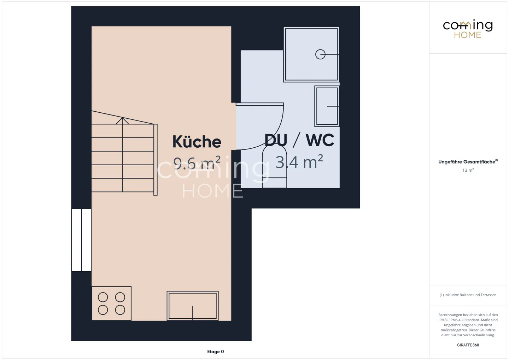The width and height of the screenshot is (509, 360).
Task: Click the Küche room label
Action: click(197, 142)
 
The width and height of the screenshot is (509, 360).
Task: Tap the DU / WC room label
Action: click(299, 140)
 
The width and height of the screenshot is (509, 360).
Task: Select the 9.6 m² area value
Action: click(197, 163)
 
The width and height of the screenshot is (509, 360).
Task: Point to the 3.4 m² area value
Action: click(299, 162)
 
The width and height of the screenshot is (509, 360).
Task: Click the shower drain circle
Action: click(320, 54)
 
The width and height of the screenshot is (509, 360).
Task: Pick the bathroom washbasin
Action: click(327, 106)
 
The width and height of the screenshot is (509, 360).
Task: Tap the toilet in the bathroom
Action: click(274, 168)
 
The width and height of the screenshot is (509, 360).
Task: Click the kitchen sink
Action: click(193, 306)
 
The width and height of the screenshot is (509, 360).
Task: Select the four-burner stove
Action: click(111, 303)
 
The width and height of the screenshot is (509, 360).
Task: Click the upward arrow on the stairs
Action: click(122, 121)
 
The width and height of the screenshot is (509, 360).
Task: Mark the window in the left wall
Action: click(81, 240)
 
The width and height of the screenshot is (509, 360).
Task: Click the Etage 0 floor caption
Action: click(215, 352)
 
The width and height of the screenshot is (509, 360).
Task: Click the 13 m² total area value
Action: click(468, 170)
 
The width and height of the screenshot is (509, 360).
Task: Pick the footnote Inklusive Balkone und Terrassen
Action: click(468, 295)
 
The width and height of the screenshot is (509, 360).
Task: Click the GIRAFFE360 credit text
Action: click(468, 345)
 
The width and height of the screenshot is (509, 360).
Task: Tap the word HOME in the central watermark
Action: click(212, 191)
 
